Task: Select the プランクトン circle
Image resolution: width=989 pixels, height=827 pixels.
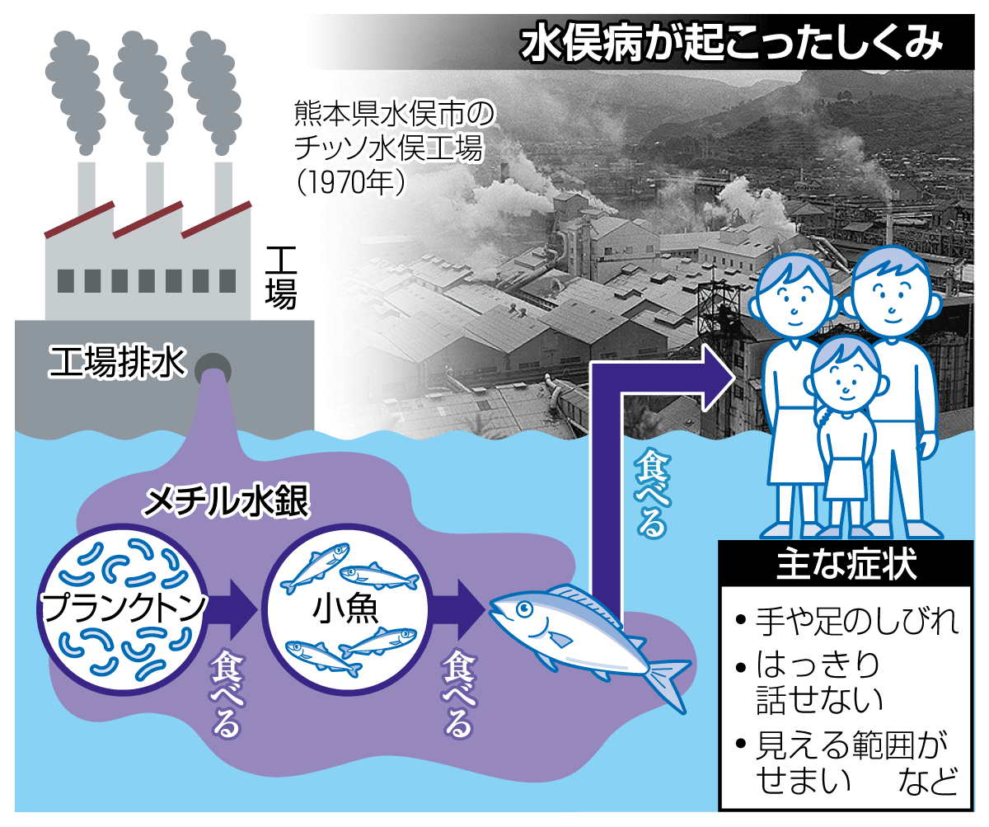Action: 123,608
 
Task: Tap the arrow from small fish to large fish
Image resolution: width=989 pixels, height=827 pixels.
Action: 458,609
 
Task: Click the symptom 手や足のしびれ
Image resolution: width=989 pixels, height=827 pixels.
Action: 856,621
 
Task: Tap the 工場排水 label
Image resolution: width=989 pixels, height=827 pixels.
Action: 116,363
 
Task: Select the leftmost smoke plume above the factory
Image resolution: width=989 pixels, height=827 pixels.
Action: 76,93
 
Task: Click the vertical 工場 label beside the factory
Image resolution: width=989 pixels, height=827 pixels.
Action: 280,278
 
